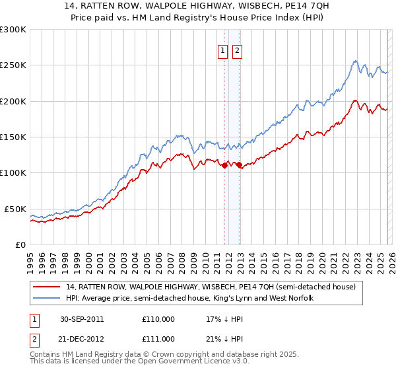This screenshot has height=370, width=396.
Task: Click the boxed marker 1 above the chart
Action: click(x=222, y=51)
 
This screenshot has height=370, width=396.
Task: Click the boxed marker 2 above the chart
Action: click(x=237, y=51)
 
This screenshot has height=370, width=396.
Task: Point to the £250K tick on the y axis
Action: click(x=13, y=65)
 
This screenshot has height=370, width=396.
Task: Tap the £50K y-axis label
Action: click(x=16, y=209)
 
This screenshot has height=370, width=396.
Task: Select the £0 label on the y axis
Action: click(x=21, y=244)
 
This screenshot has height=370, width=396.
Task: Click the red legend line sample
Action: click(x=47, y=287)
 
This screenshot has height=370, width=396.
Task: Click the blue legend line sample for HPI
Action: click(x=47, y=299)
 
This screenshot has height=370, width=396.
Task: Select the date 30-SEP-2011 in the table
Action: click(x=82, y=319)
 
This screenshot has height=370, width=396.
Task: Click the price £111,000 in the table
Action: click(x=158, y=339)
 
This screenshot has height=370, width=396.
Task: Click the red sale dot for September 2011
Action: click(x=224, y=166)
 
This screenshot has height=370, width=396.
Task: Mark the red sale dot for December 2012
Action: click(x=239, y=165)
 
